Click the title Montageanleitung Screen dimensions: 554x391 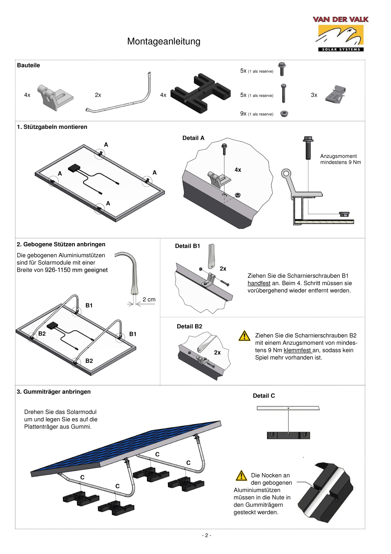(x=164, y=41)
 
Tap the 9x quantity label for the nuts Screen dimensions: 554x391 (x=243, y=113)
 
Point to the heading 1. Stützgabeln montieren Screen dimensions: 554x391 (x=52, y=127)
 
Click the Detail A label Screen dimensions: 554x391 (x=193, y=138)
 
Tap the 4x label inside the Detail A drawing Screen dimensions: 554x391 (x=238, y=170)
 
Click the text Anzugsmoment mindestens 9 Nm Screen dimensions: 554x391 (x=340, y=159)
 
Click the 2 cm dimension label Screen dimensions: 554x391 (x=149, y=300)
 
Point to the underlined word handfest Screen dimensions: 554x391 (x=259, y=283)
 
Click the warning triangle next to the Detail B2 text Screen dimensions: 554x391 (x=244, y=336)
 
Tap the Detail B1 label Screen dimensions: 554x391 (x=187, y=246)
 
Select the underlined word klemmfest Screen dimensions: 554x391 (x=297, y=350)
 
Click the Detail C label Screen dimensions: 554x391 (x=264, y=396)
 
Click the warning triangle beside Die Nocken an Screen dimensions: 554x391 (x=241, y=476)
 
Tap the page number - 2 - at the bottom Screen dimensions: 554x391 (x=206, y=535)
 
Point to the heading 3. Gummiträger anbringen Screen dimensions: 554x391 (x=54, y=392)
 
